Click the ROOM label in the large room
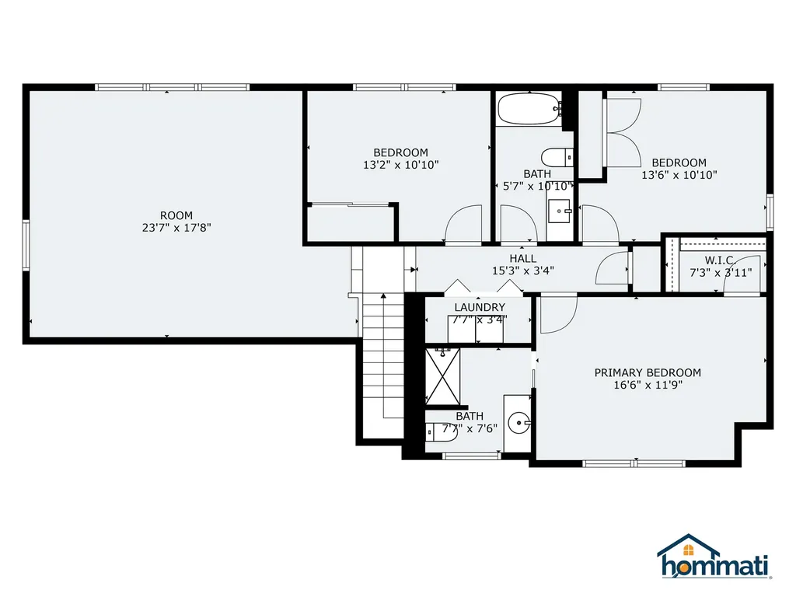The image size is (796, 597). click(x=176, y=215)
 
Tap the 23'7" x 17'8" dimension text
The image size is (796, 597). click(x=176, y=228)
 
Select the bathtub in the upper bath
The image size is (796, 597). click(x=529, y=109)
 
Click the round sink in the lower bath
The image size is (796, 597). click(x=518, y=424)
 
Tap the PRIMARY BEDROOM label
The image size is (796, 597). click(x=648, y=372)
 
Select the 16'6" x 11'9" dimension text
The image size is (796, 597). click(x=648, y=385)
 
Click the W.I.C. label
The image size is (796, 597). click(x=721, y=260)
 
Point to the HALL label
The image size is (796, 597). click(x=522, y=258)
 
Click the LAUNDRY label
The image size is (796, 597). click(x=480, y=307)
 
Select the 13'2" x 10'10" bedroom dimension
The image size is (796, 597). click(x=400, y=165)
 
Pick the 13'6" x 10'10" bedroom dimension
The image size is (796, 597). click(x=679, y=175)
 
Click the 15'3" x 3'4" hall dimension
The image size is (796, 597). click(x=522, y=271)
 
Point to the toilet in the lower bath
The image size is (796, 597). click(x=433, y=431)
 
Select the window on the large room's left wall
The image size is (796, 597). click(x=26, y=245)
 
